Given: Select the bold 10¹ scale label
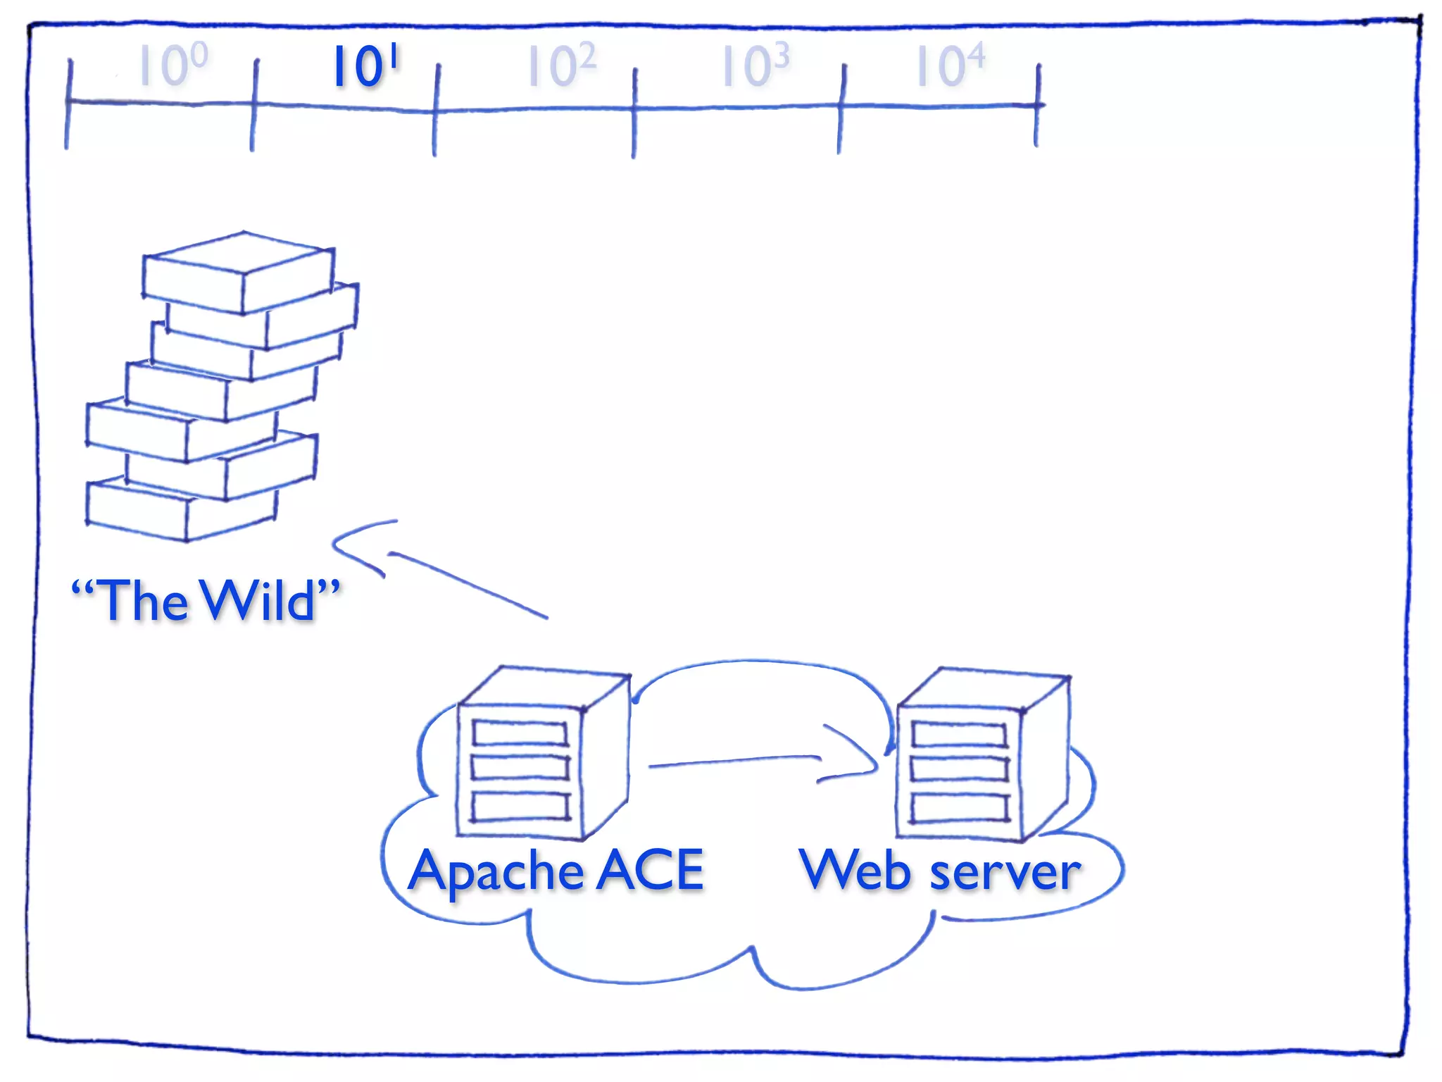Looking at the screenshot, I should pyautogui.click(x=365, y=66).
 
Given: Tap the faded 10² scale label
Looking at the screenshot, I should pyautogui.click(x=562, y=66).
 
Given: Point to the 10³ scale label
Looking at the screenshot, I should pyautogui.click(x=756, y=66).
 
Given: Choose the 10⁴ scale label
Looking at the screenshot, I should pyautogui.click(x=950, y=66).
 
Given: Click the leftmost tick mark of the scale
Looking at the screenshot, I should pyautogui.click(x=68, y=104).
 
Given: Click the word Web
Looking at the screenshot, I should pyautogui.click(x=855, y=870).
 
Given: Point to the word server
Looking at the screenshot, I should pyautogui.click(x=1005, y=873).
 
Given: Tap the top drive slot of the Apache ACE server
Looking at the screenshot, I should pyautogui.click(x=520, y=733).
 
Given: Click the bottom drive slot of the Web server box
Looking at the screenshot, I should pyautogui.click(x=960, y=807).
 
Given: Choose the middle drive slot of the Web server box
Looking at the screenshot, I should pyautogui.click(x=960, y=769).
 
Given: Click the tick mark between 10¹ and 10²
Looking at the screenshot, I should pyautogui.click(x=436, y=110).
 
